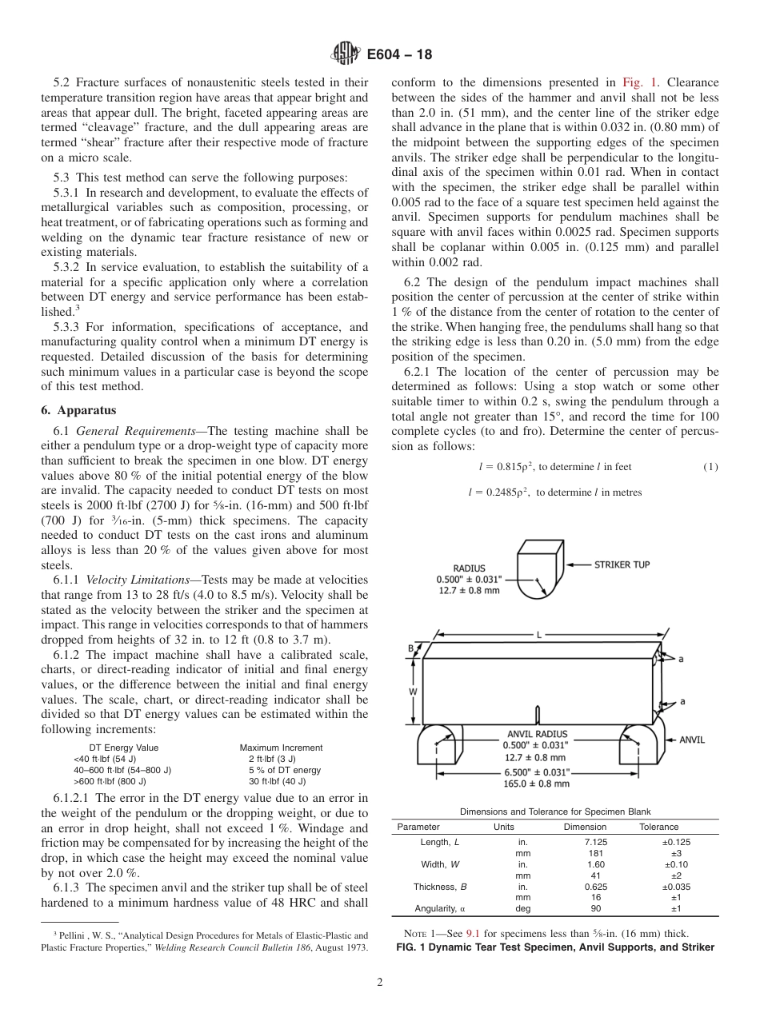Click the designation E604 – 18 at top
point(399,55)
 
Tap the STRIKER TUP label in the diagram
point(622,564)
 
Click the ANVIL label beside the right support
point(691,740)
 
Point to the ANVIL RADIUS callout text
point(537,734)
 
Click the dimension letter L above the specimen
point(538,635)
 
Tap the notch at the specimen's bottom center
point(538,715)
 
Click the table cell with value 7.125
point(585,842)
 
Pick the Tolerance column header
point(658,827)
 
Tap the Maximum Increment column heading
point(281,748)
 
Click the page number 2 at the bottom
point(380,983)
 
